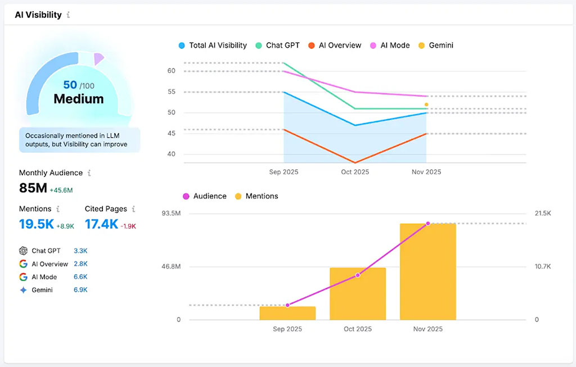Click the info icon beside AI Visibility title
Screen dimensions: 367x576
pos(69,15)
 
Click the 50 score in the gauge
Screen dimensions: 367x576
pos(70,85)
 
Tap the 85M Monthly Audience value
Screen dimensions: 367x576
pos(33,188)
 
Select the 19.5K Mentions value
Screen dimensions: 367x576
pos(36,224)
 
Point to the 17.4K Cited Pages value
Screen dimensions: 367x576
pos(101,224)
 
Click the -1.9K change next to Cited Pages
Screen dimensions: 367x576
pos(128,226)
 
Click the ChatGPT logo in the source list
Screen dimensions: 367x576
pos(23,251)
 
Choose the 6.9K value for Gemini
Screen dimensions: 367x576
pos(80,290)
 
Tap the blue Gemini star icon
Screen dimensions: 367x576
pos(23,290)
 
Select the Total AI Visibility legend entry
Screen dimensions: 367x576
pos(212,46)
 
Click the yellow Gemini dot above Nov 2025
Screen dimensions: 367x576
pos(426,105)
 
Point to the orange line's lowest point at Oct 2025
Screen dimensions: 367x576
pos(355,162)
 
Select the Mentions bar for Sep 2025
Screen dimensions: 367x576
pos(287,313)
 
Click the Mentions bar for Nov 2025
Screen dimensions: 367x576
pos(427,272)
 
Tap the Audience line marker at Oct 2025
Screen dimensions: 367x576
pos(358,275)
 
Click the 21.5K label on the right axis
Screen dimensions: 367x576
pos(544,214)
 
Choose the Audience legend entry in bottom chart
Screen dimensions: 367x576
pos(204,196)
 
